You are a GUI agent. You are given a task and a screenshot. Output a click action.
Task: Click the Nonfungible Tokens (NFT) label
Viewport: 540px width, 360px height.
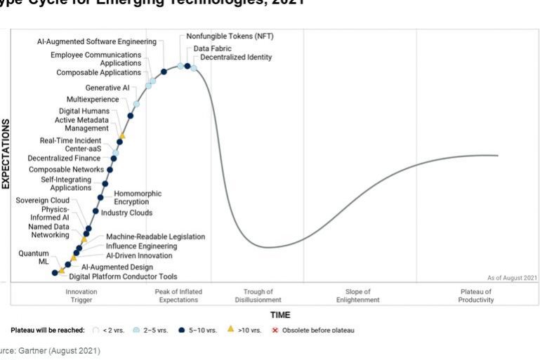pyautogui.click(x=225, y=36)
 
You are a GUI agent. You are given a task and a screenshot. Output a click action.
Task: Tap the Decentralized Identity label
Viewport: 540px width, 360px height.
pyautogui.click(x=236, y=58)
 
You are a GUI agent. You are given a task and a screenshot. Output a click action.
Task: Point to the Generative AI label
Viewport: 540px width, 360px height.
pyautogui.click(x=107, y=88)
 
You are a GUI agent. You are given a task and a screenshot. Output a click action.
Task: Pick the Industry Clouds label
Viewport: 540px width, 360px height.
pyautogui.click(x=126, y=213)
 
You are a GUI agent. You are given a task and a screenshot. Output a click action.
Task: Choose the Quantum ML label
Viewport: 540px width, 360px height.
pyautogui.click(x=34, y=258)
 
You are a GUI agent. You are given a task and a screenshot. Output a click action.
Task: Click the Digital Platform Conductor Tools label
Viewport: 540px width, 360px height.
pyautogui.click(x=123, y=276)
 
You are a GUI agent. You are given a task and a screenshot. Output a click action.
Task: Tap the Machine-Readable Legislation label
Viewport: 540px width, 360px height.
pyautogui.click(x=155, y=237)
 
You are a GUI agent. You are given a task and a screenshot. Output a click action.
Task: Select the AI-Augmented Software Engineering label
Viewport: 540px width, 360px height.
pyautogui.click(x=97, y=41)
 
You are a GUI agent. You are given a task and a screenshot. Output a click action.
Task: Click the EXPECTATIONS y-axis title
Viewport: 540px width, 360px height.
pyautogui.click(x=6, y=154)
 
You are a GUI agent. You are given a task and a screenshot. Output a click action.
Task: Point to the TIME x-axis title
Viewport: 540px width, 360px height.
pyautogui.click(x=279, y=315)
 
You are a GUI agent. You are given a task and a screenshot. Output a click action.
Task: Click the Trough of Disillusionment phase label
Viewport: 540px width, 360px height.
pyautogui.click(x=258, y=295)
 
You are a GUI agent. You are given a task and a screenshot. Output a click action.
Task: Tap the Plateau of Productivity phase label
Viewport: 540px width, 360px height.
pyautogui.click(x=477, y=295)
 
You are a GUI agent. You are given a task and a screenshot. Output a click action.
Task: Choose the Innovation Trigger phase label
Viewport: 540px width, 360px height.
pyautogui.click(x=81, y=295)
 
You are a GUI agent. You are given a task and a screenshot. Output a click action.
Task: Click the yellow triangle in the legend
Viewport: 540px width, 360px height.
pyautogui.click(x=230, y=329)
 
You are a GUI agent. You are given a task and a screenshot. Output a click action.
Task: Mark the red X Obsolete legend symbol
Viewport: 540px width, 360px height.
pyautogui.click(x=275, y=329)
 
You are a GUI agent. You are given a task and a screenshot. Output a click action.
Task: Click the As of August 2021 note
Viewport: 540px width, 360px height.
pyautogui.click(x=512, y=278)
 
